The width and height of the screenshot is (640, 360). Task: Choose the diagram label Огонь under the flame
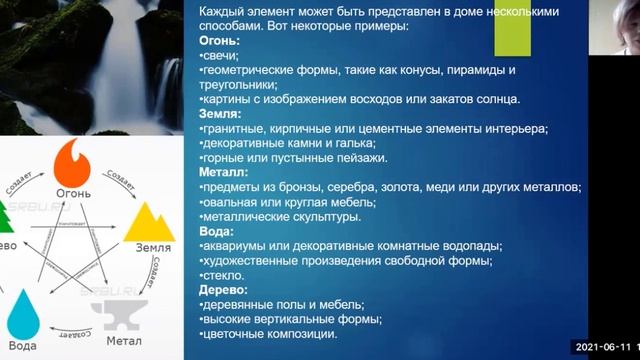coord(74,190)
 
